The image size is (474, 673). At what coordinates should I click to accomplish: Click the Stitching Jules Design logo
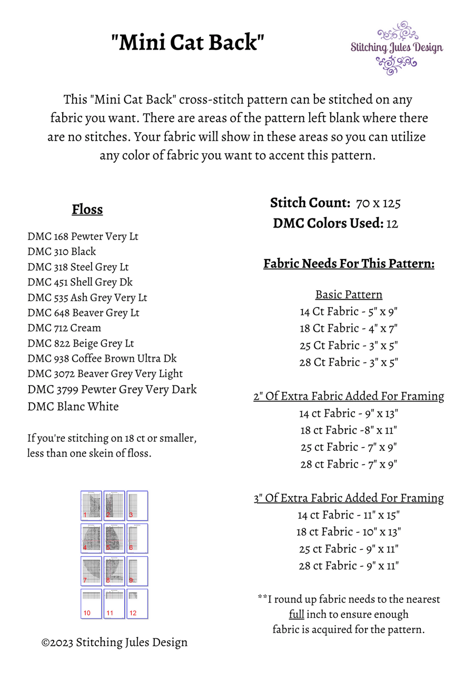[x=397, y=48]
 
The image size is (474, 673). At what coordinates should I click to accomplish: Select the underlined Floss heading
[x=87, y=210]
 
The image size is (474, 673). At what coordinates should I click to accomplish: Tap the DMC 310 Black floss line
[x=62, y=252]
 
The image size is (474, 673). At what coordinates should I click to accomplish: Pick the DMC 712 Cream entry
[x=64, y=328]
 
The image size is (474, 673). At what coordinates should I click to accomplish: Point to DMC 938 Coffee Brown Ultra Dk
[x=102, y=359]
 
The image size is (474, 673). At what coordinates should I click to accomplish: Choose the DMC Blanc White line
[x=73, y=407]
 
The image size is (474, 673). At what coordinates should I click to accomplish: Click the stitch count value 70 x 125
[x=379, y=203]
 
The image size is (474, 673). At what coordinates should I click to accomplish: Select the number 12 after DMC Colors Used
[x=392, y=224]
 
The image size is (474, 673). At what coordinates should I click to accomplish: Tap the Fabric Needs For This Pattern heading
[x=349, y=263]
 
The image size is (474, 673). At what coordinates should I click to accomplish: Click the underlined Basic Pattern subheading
[x=349, y=294]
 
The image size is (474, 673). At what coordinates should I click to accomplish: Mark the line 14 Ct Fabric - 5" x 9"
[x=349, y=311]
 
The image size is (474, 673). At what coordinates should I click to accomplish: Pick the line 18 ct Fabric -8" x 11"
[x=349, y=430]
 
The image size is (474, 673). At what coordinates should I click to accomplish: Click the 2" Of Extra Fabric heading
[x=349, y=396]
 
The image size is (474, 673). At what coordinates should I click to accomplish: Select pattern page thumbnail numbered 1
[x=91, y=506]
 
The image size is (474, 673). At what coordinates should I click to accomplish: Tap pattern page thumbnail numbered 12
[x=137, y=603]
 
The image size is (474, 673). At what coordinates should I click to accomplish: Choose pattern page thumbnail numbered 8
[x=114, y=571]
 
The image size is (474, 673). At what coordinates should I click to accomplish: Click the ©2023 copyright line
[x=115, y=642]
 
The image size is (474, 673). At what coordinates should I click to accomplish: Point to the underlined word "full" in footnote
[x=297, y=614]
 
